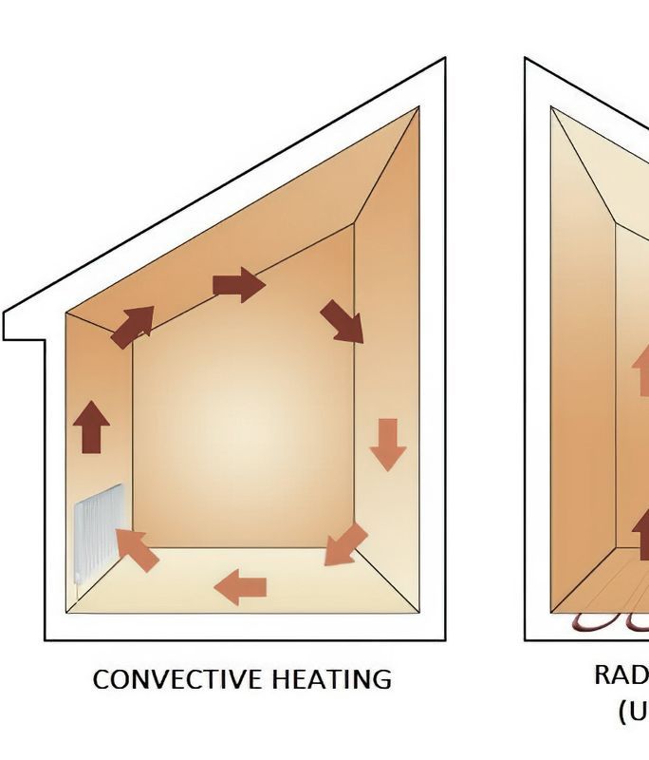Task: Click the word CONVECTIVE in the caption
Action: (x=177, y=680)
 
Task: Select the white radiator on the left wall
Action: (x=99, y=532)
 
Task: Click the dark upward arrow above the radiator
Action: (x=91, y=427)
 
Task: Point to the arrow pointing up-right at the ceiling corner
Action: (x=132, y=326)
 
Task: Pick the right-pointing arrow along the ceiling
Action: (x=238, y=284)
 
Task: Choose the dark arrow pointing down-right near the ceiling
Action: (x=342, y=321)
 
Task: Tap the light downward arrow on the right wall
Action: (x=387, y=444)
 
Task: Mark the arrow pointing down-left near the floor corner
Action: (x=345, y=543)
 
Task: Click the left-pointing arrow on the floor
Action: (x=240, y=587)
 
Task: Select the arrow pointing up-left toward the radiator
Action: (x=138, y=550)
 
